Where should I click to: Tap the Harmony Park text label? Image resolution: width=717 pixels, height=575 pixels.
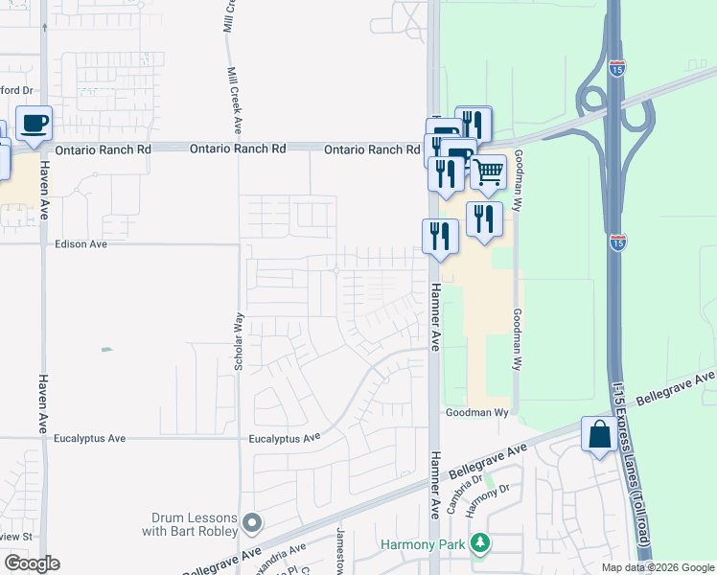pos(422,545)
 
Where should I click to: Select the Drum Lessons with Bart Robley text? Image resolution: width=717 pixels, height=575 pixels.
pos(192,523)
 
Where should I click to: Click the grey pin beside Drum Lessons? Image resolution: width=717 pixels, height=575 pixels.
pos(252,523)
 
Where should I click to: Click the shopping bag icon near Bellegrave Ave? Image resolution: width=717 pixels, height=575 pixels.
pos(599,435)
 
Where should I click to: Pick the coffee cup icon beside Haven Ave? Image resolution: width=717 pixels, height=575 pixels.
pos(34,124)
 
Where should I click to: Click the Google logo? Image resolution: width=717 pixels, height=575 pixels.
pos(32,563)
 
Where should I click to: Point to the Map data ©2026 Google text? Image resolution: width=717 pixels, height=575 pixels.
pos(658,567)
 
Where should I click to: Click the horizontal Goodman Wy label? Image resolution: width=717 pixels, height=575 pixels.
pos(476,413)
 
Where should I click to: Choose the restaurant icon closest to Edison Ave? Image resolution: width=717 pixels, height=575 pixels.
pos(440,236)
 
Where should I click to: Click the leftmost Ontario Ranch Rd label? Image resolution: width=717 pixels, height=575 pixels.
pos(104,149)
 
